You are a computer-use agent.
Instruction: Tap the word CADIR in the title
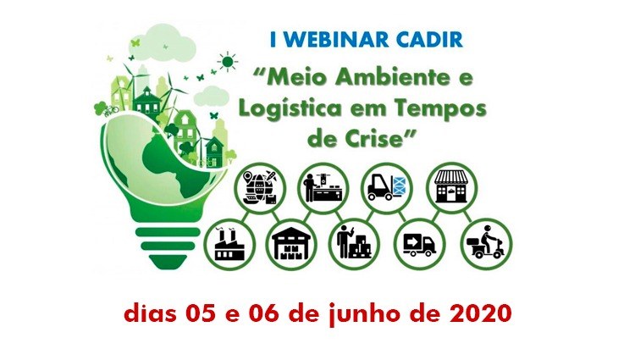point(429,39)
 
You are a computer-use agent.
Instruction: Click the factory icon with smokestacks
point(229,245)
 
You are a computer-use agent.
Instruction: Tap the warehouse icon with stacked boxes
point(291,245)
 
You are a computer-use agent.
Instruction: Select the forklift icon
point(387,188)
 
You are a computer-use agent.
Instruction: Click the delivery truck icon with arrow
point(420,245)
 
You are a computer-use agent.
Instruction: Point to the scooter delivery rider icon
point(487,245)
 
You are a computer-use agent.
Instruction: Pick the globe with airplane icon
point(261,188)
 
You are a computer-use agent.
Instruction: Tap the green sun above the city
point(228,62)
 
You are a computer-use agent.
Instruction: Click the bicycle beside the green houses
point(112,110)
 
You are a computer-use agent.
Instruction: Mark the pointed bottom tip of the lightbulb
point(168,269)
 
